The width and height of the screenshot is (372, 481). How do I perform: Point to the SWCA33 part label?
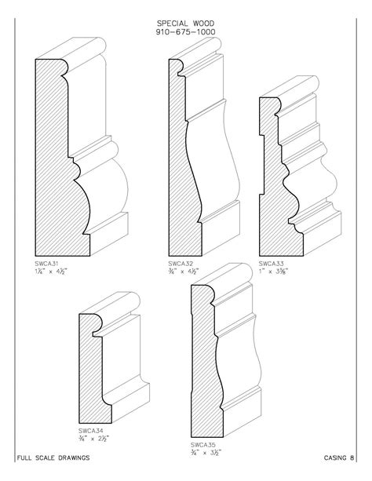pos(272,264)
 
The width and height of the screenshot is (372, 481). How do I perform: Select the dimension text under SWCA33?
pos(274,272)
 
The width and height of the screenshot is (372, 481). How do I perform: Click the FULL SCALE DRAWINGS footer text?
pos(52,457)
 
